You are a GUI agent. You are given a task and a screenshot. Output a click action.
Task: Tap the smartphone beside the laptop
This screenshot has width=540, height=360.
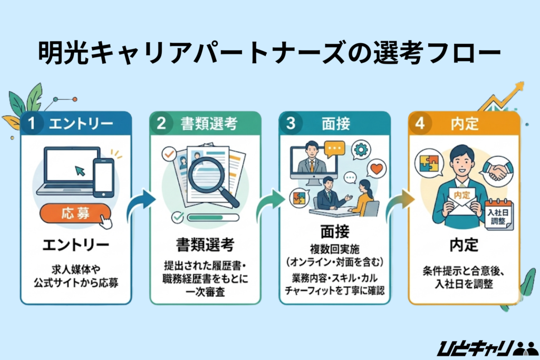click(103, 174)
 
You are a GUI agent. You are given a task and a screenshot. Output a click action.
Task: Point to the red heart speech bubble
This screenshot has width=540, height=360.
click(377, 168)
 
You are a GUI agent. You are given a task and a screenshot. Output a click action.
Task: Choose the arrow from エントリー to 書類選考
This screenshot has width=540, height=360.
click(140, 203)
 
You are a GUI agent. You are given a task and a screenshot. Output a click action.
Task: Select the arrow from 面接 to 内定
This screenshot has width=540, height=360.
click(399, 203)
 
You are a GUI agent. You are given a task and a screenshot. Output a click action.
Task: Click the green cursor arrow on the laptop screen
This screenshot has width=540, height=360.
click(79, 170)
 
